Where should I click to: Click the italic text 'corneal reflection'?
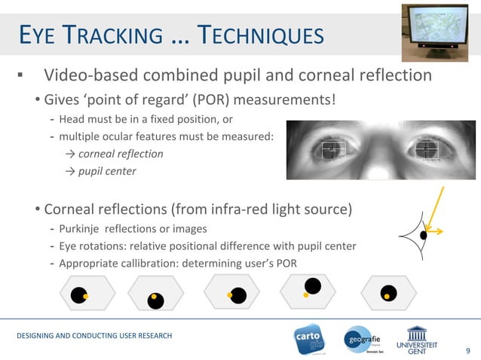[x=121, y=154]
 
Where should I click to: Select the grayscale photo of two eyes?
[x=381, y=149]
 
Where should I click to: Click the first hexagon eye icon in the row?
[x=79, y=294]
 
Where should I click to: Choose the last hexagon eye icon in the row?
[x=388, y=294]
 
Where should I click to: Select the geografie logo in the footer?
[x=366, y=339]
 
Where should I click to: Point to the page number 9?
[x=467, y=349]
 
